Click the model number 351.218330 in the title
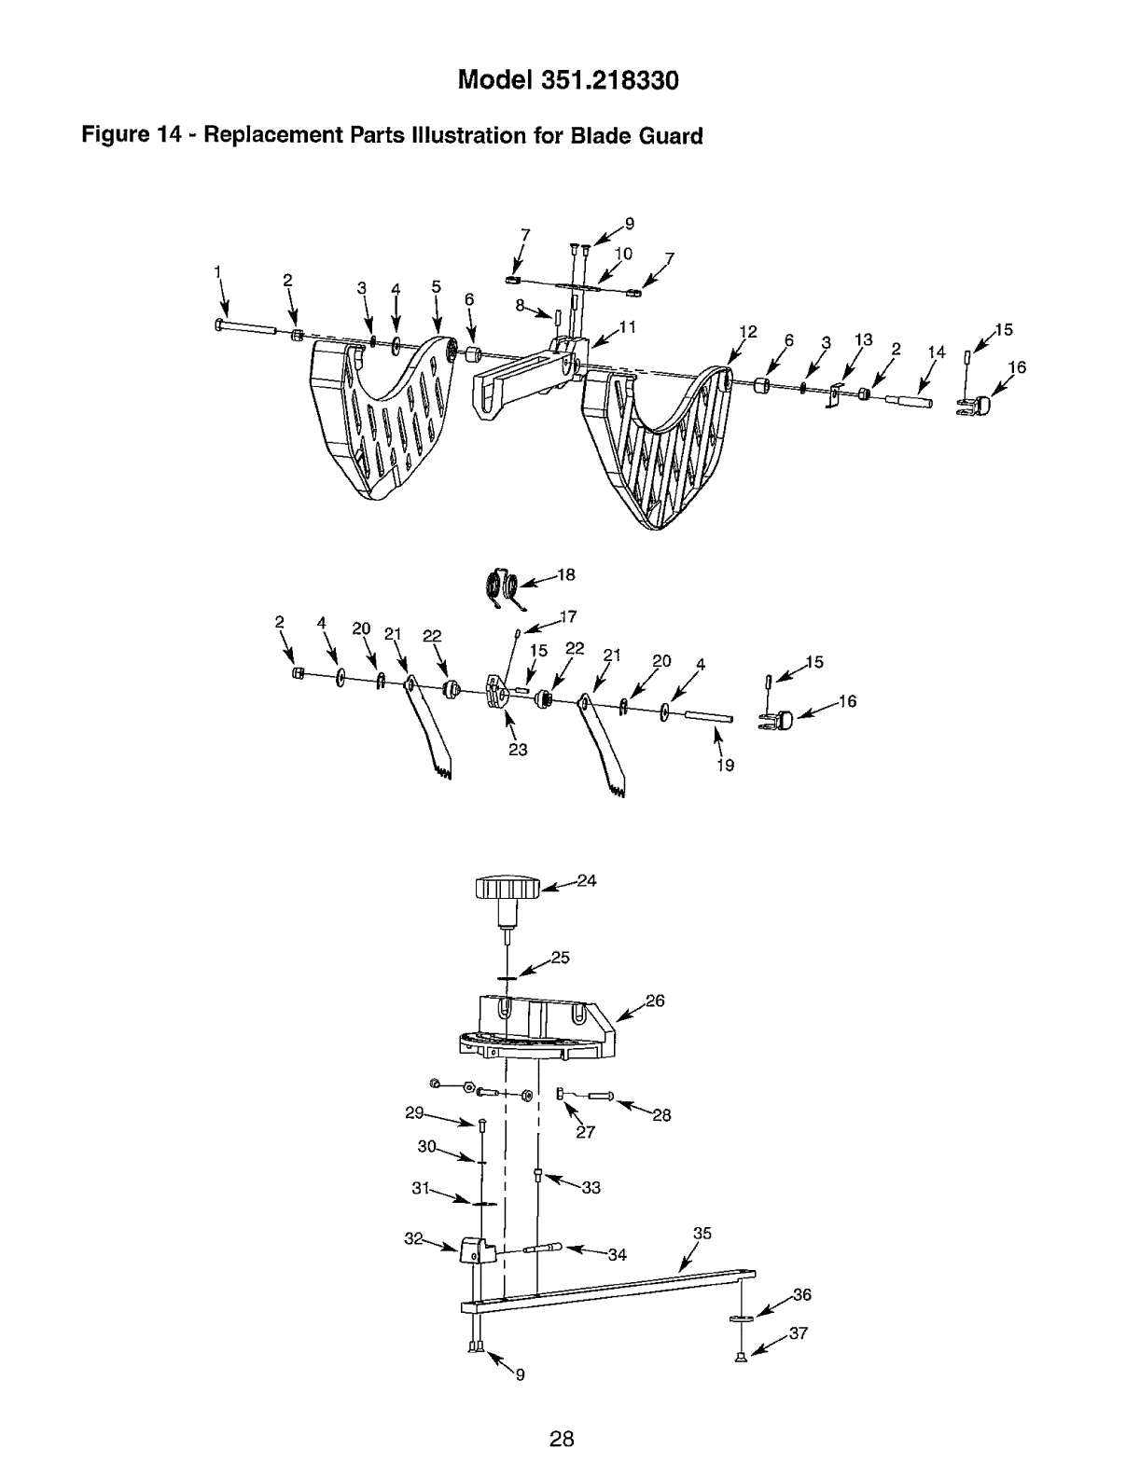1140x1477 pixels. coord(606,80)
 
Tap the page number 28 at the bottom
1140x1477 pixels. coord(561,1439)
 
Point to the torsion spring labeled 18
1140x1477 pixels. coord(504,587)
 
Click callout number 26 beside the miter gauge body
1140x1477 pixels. coord(654,1001)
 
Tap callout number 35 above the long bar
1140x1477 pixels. coord(702,1234)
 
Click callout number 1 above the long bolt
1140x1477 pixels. coord(217,271)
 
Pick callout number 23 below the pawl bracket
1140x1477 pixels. coord(518,749)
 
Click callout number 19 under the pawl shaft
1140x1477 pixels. coord(726,765)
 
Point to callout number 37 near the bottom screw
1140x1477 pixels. coord(798,1333)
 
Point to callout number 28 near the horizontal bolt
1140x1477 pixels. coord(661,1114)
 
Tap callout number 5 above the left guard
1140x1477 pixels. coord(436,287)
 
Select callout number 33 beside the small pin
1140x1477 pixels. coord(591,1188)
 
